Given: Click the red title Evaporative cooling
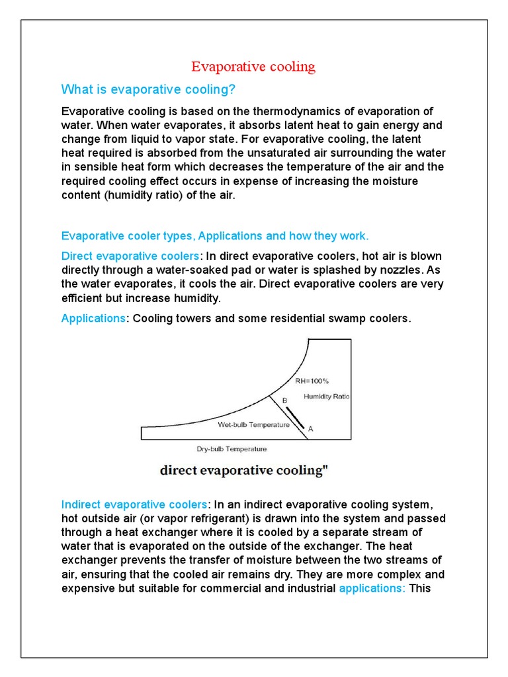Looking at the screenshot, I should (x=253, y=67).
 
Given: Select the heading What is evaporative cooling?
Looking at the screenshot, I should (x=148, y=89).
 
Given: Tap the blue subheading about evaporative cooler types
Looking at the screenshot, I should (x=215, y=236).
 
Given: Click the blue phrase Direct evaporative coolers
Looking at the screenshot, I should (x=130, y=256).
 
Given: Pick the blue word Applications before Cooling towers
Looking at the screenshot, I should (x=93, y=319).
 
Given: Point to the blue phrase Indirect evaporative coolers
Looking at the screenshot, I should (x=134, y=504).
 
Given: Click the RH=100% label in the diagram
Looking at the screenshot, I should (x=312, y=381).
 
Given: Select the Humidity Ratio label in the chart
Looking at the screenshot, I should (x=327, y=397).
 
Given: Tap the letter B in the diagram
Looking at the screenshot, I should (x=285, y=401).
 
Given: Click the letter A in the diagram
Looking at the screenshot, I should (x=311, y=429).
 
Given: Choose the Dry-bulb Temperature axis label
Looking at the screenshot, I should (x=232, y=449).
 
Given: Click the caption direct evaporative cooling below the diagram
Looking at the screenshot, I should (x=244, y=471).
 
